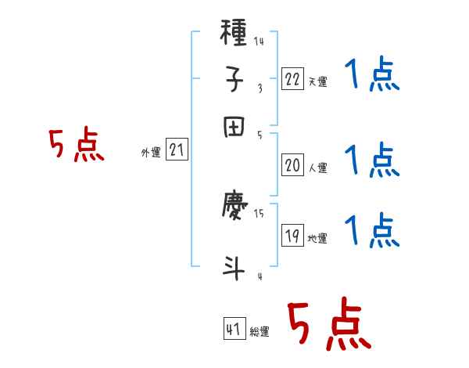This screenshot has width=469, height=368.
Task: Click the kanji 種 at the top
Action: pyautogui.click(x=235, y=34)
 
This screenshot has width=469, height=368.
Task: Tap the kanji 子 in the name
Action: pyautogui.click(x=235, y=78)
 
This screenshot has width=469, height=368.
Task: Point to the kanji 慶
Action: pyautogui.click(x=235, y=207)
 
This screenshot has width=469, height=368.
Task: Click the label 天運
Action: pyautogui.click(x=318, y=81)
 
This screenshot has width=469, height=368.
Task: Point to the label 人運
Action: pyautogui.click(x=318, y=167)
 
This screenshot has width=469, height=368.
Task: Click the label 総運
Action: pyautogui.click(x=260, y=331)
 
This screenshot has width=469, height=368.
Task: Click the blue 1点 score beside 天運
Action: pyautogui.click(x=372, y=77)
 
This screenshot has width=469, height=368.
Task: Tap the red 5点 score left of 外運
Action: pyautogui.click(x=77, y=146)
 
